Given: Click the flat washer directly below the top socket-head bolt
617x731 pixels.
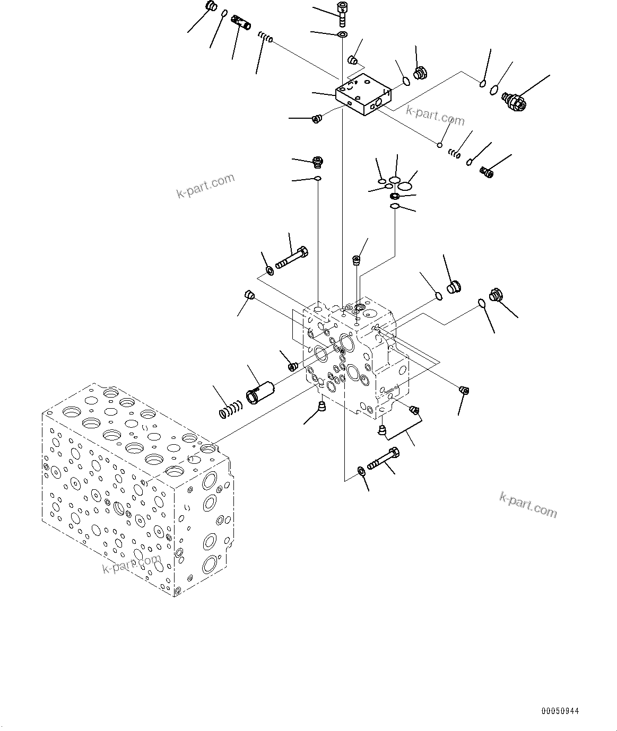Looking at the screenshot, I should click(x=342, y=35).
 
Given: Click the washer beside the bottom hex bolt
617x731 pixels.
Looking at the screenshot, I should click(x=361, y=471).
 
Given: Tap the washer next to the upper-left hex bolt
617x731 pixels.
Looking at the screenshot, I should click(x=270, y=271).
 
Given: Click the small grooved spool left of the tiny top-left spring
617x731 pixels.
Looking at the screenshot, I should click(x=242, y=23).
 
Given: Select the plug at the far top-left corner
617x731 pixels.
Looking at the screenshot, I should click(x=210, y=7).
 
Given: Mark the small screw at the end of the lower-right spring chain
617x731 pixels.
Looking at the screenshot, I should click(x=486, y=171).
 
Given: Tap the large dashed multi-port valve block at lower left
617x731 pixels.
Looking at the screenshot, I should click(x=136, y=488).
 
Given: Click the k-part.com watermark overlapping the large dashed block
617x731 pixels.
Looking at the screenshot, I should click(x=131, y=565).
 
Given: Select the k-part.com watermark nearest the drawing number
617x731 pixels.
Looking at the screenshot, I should click(x=528, y=504).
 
